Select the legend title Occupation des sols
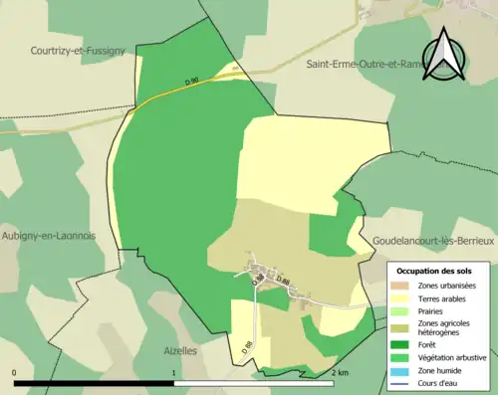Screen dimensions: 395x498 coord(434,271)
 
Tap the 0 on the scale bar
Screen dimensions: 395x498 coord(15,372)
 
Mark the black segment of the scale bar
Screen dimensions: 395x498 coord(95,383)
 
